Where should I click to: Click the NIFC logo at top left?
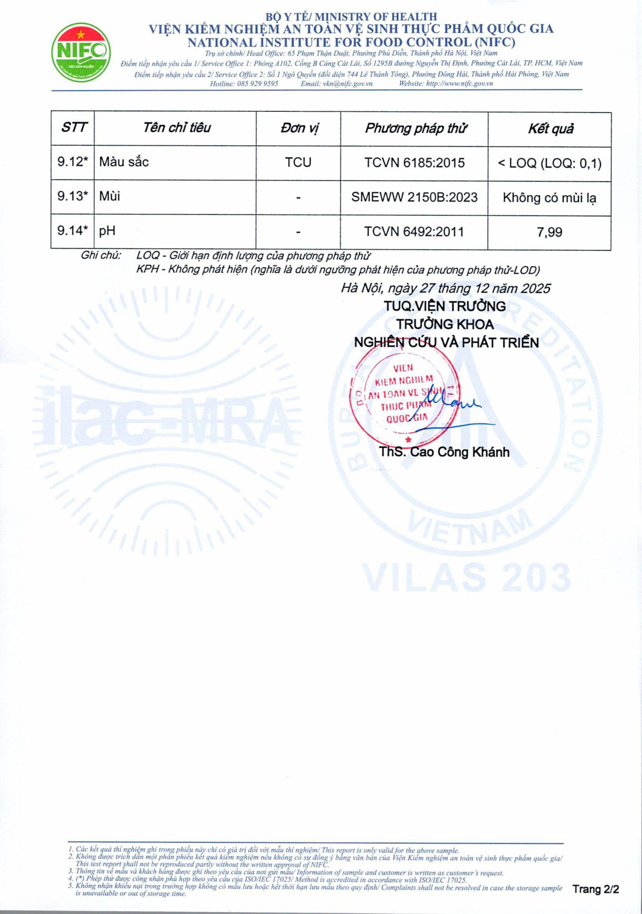(x=82, y=51)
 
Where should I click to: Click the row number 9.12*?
(x=73, y=162)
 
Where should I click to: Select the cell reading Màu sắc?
(x=124, y=162)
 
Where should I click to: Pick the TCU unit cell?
(x=298, y=162)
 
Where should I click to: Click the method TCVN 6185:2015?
(x=414, y=163)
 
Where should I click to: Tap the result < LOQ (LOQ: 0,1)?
(x=550, y=163)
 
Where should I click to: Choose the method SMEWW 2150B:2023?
(x=414, y=197)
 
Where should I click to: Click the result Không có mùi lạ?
(x=550, y=198)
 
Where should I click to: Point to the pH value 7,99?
(x=550, y=232)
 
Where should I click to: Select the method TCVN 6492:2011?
(x=414, y=232)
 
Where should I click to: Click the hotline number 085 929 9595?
(x=258, y=84)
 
